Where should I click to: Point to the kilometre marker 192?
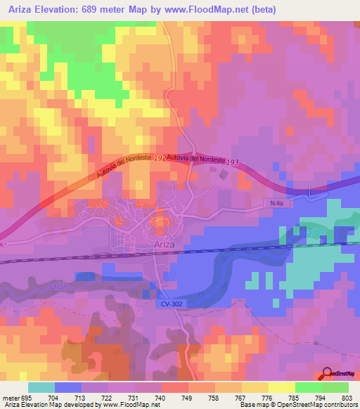tap(160, 158)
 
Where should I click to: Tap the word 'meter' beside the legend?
tap(10, 397)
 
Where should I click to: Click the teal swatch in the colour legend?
tap(41, 387)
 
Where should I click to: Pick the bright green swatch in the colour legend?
tap(309, 387)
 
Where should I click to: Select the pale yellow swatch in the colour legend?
tap(282, 387)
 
